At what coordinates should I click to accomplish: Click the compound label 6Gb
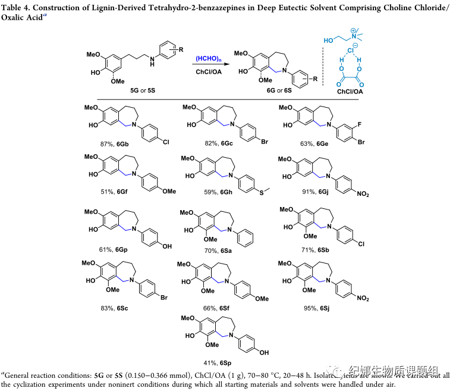[x=122, y=144]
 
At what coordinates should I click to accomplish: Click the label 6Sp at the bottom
[x=223, y=360]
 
